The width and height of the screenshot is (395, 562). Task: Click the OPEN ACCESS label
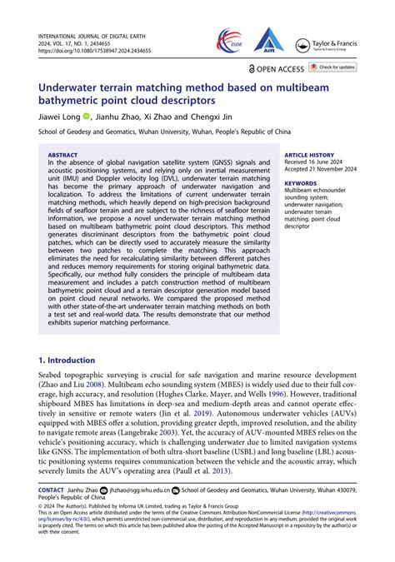tap(277, 67)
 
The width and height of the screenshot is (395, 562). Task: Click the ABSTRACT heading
tap(62, 155)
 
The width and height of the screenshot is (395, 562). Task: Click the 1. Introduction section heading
tap(71, 360)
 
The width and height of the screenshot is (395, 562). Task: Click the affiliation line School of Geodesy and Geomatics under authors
tap(165, 132)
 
